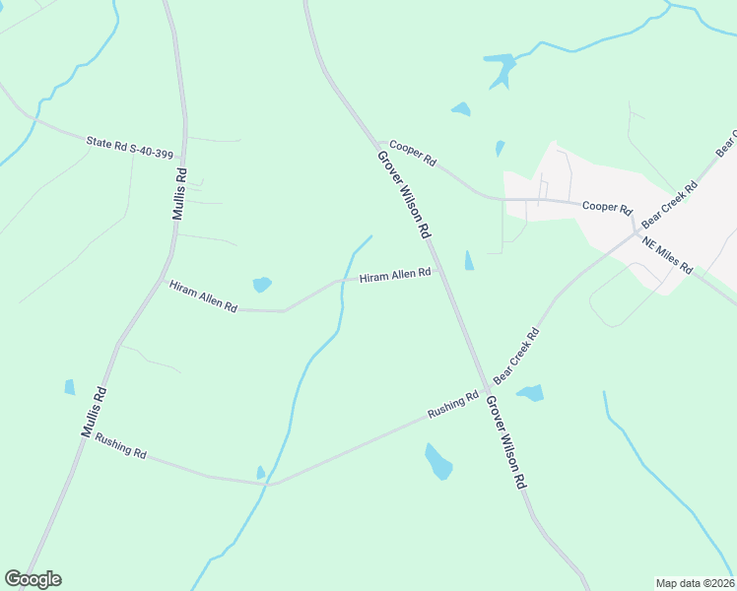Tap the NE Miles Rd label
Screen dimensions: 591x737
668,255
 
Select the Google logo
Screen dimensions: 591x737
33,579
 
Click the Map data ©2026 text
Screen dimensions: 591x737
695,583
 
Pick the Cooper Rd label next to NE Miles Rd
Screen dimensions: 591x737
606,207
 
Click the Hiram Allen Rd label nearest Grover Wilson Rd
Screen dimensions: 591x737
395,275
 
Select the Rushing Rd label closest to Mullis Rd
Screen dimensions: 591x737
120,447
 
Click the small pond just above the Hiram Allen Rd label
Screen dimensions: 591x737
262,285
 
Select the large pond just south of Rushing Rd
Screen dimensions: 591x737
438,461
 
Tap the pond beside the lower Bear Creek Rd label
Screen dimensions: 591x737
530,393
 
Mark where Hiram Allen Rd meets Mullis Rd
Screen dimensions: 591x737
163,280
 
